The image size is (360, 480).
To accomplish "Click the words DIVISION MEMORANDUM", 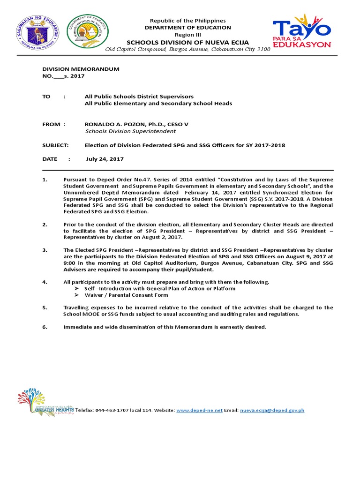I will [x=81, y=69].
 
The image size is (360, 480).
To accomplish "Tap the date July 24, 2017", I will [x=105, y=159].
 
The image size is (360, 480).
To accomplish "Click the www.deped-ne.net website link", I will [x=199, y=410].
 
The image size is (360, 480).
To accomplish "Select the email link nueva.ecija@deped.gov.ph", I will [x=272, y=410].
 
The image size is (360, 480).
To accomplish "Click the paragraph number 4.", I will [x=45, y=282].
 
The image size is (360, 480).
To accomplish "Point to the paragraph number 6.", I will [x=45, y=327].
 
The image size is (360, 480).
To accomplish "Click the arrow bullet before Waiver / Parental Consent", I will [x=77, y=295].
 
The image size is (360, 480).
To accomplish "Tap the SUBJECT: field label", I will [x=55, y=145].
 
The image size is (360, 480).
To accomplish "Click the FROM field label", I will [x=52, y=124].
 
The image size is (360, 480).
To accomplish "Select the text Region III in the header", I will [x=187, y=35].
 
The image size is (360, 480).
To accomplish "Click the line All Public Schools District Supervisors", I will [x=139, y=96].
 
